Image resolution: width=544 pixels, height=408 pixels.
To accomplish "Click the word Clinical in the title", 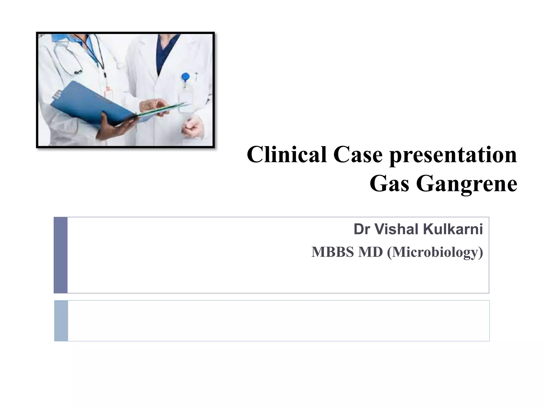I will coord(287,155).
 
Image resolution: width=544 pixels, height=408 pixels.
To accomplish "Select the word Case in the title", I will coord(358,155).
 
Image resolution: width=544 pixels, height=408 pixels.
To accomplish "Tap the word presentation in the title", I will coord(453,155).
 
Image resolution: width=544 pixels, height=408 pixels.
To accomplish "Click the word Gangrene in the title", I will coord(466,184).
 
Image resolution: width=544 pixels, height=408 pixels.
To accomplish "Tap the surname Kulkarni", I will coord(453,229).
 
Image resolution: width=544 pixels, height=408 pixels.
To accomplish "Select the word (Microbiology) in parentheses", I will coord(435,252).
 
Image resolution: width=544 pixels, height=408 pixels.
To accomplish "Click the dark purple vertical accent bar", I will coord(61,255).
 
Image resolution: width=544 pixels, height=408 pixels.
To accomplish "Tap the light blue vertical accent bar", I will coord(61,321).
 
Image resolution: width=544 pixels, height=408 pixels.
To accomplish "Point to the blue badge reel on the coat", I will coord(185,77).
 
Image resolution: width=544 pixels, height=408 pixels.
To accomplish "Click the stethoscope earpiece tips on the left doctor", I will coord(78,72).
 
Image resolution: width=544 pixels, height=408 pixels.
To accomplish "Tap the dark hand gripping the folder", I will coord(112,126).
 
